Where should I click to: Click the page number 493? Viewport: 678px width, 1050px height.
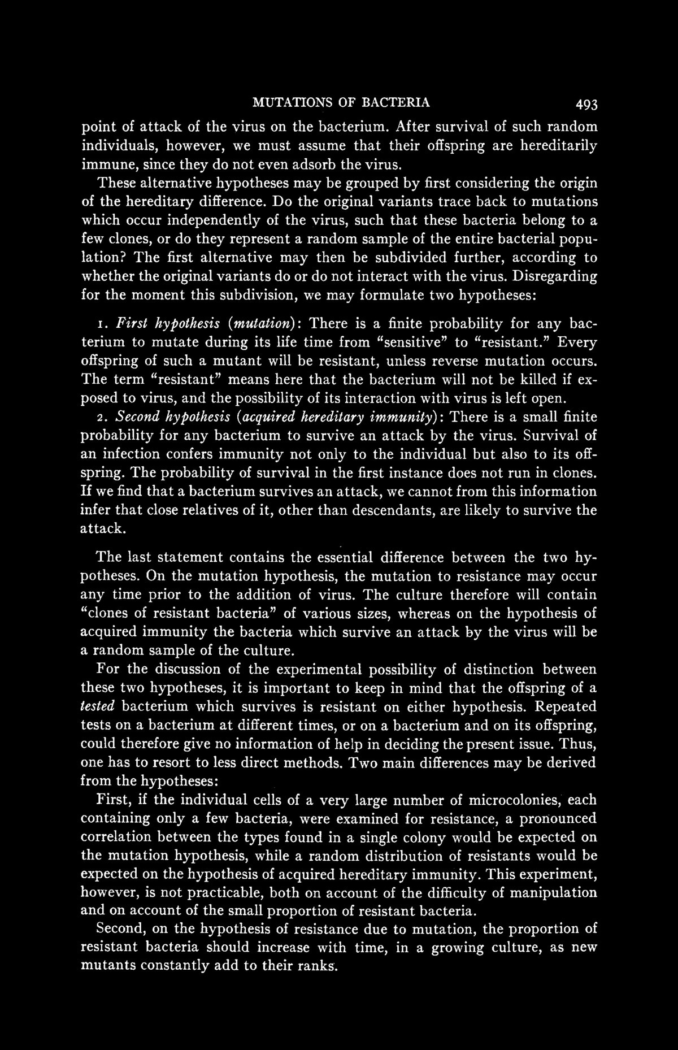click(580, 104)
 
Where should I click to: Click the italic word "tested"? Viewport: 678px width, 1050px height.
click(98, 707)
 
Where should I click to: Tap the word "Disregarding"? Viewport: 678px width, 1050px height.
click(559, 277)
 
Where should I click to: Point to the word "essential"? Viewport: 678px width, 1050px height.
click(336, 558)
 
